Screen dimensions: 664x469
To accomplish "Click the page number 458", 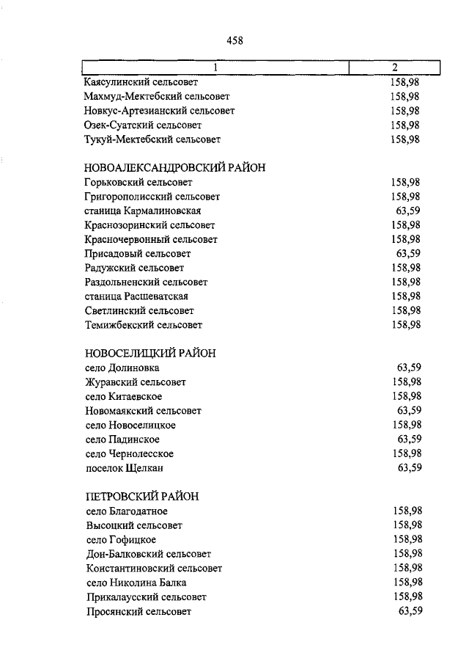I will point(234,41).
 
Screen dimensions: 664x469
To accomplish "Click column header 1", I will point(215,68).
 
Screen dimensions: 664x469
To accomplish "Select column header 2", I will point(395,68).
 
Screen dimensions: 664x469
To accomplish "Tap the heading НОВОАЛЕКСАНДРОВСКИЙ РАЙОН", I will point(174,167).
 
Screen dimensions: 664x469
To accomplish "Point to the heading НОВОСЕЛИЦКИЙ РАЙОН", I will point(150,353).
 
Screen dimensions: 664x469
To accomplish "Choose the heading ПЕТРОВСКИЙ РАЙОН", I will point(142,496).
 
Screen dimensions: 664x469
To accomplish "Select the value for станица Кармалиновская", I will point(409,211).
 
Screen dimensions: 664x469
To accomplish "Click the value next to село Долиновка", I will point(409,368).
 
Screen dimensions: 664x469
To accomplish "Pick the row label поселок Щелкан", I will point(124,467).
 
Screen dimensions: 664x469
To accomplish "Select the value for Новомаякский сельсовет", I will point(409,410).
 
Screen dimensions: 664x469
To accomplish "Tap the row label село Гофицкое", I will point(121,539).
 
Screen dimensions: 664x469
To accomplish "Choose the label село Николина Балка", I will point(136,583).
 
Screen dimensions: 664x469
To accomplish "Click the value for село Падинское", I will point(409,439).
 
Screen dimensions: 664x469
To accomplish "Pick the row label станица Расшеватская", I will point(136,296).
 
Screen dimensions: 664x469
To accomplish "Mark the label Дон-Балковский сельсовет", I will point(148,554).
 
